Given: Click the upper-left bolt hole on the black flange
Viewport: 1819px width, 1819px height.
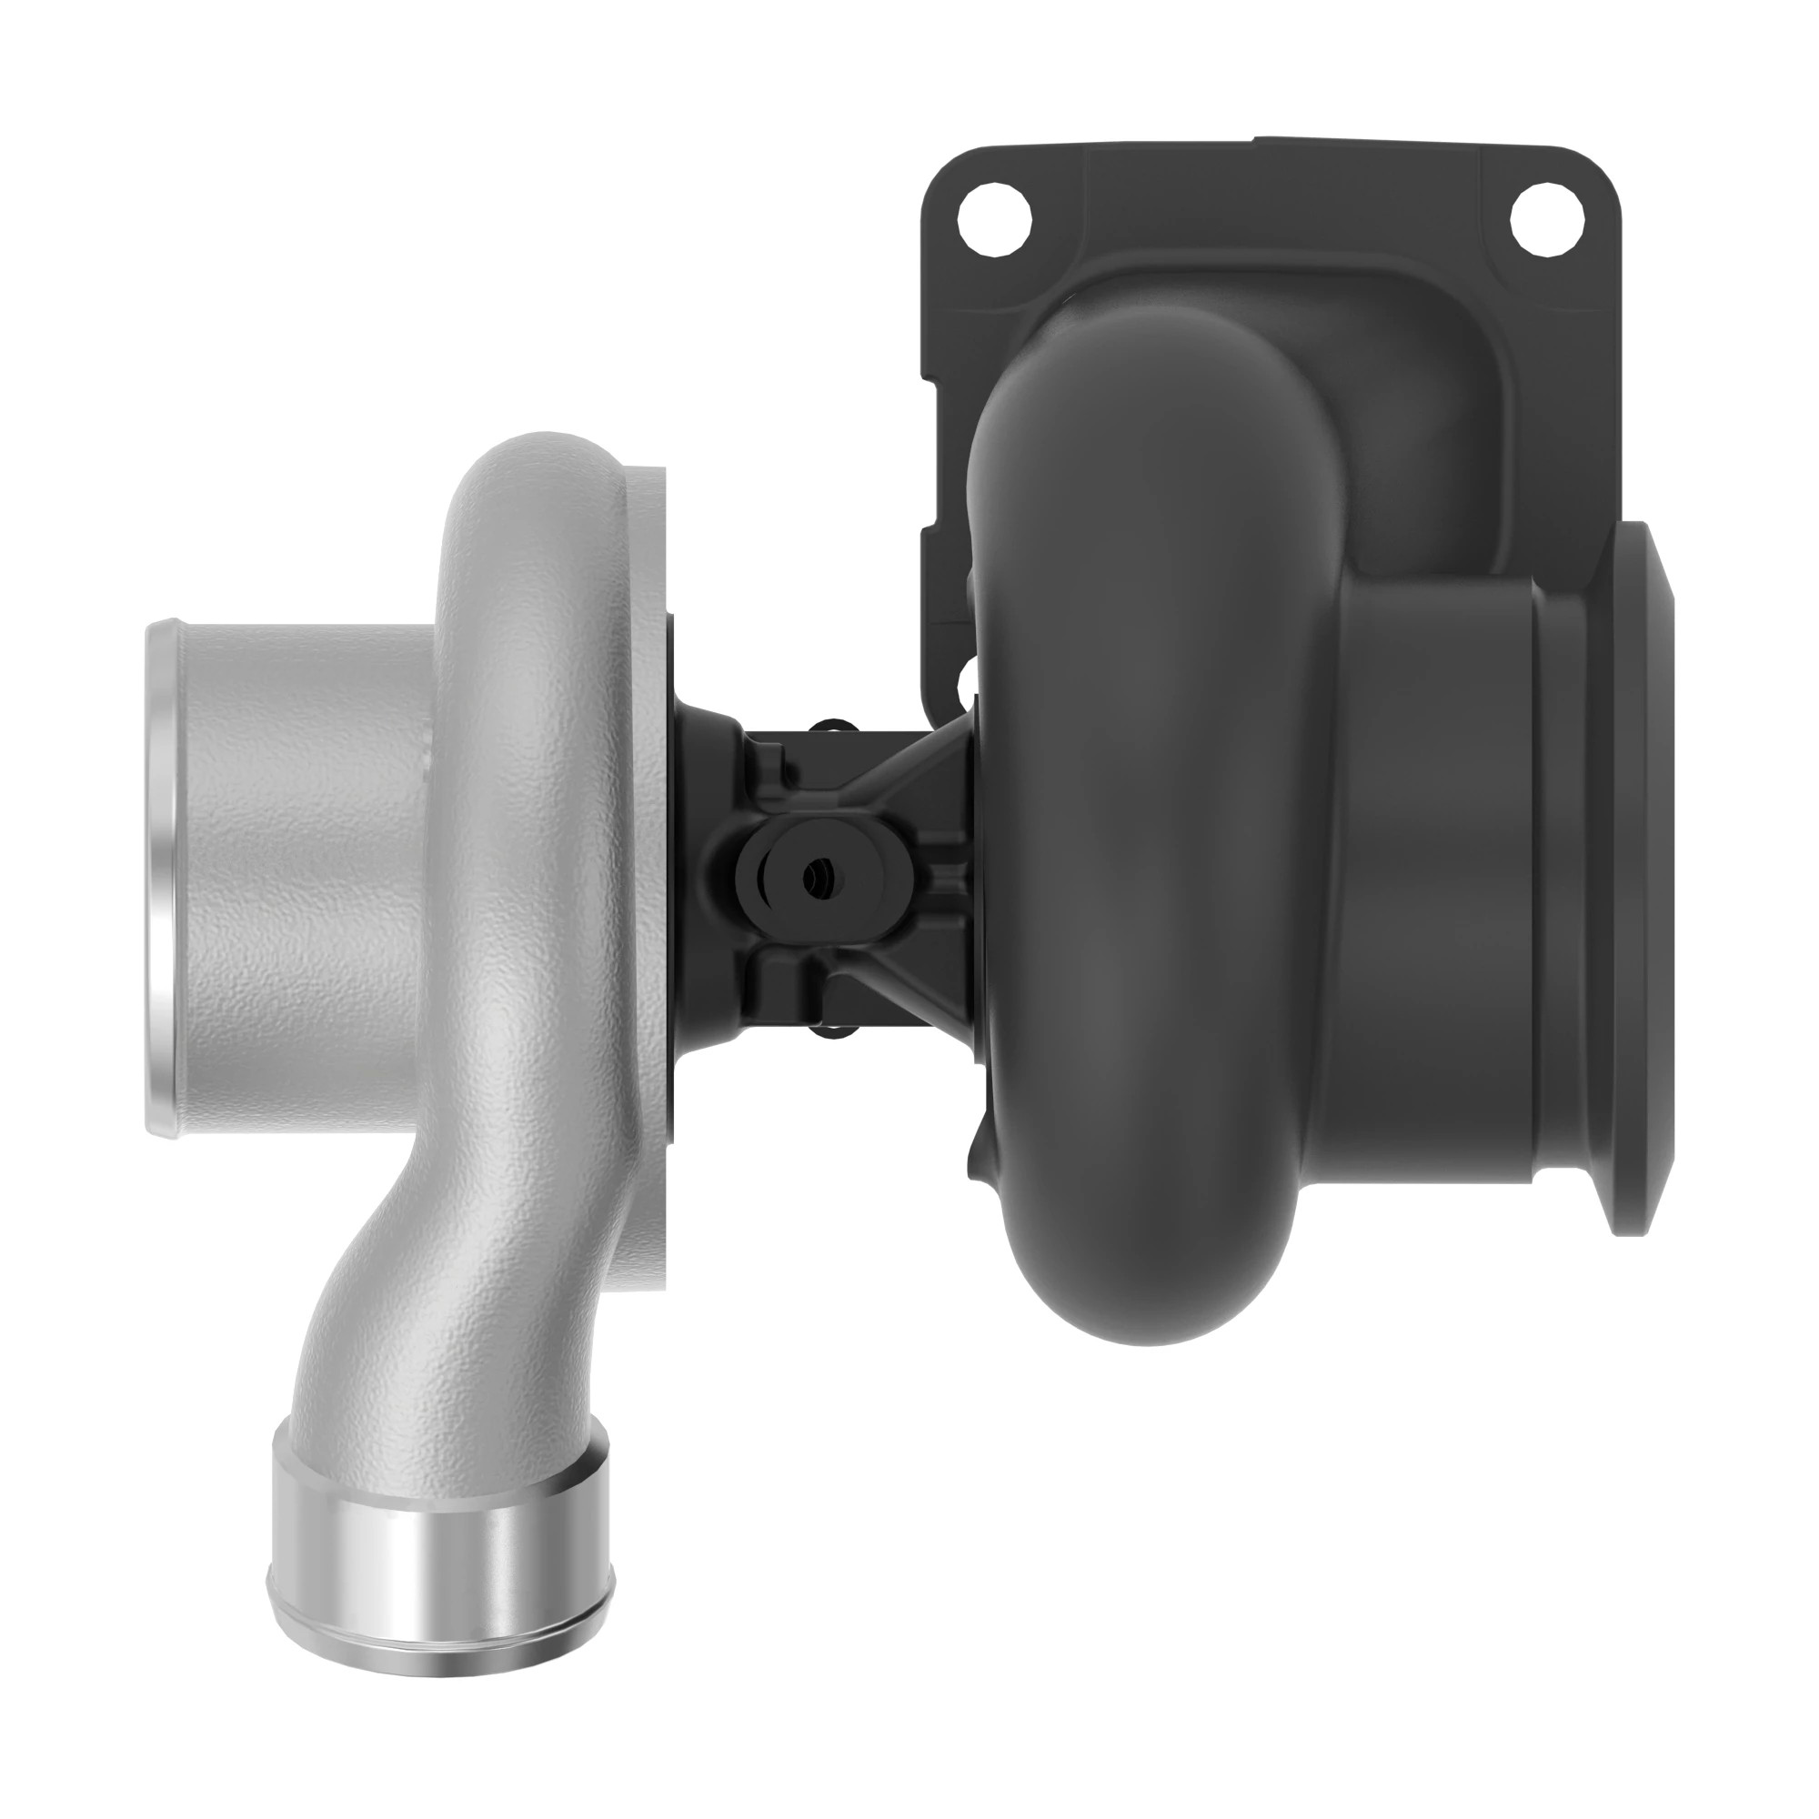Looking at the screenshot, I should point(994,223).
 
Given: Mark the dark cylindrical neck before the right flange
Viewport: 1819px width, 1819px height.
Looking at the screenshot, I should point(1441,885).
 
